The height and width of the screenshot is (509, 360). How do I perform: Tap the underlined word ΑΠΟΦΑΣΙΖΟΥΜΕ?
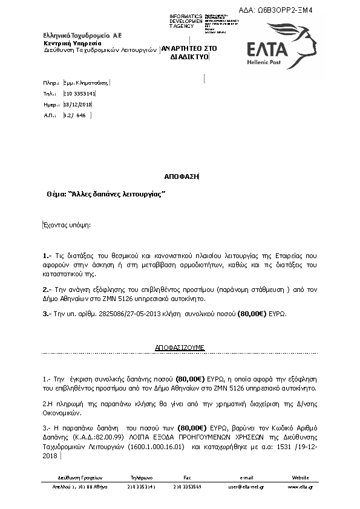pos(180,348)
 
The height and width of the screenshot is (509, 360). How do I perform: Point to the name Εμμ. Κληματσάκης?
pos(86,83)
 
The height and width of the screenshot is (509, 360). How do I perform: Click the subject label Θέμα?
pos(58,195)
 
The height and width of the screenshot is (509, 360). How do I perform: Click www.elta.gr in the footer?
pos(299,487)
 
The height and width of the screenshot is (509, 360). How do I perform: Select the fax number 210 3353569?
pos(187,487)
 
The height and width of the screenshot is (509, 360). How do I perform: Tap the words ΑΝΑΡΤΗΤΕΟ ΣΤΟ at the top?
pos(189,47)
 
